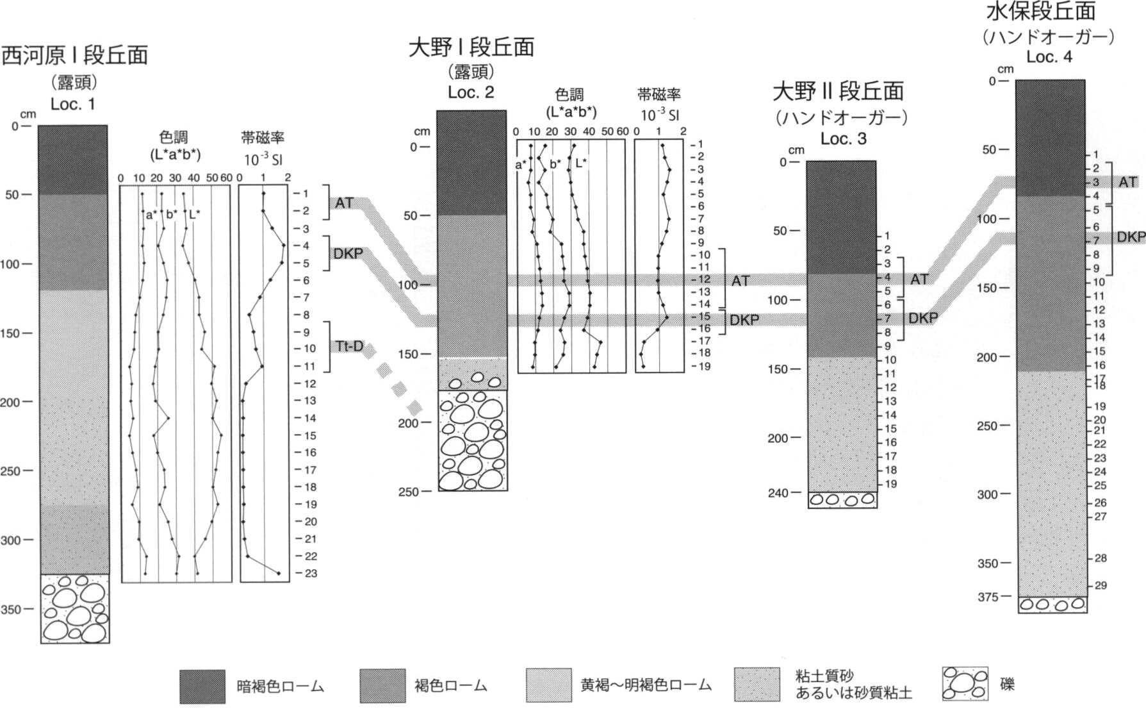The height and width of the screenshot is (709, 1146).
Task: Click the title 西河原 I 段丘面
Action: [74, 55]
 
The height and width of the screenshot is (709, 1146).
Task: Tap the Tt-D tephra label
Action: [348, 346]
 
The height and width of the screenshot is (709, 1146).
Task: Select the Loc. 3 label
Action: [843, 138]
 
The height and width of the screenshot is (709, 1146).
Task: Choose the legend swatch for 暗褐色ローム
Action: [202, 687]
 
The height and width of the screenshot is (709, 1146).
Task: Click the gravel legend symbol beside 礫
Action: [965, 683]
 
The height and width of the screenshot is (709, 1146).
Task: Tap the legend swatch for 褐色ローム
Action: [382, 686]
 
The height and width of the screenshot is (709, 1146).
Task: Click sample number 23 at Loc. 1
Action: [311, 573]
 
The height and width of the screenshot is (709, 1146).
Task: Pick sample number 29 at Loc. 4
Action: [1101, 585]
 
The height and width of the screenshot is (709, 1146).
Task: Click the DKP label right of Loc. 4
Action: [1131, 237]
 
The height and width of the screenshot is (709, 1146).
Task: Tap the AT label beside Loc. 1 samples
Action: [344, 203]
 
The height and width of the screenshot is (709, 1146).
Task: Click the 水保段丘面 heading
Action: [1041, 11]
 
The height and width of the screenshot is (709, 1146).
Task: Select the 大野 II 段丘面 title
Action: [838, 91]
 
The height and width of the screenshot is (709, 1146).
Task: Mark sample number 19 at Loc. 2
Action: [705, 367]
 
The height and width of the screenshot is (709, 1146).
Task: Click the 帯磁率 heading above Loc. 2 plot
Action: [659, 95]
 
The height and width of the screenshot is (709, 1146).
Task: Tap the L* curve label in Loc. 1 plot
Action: [194, 214]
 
